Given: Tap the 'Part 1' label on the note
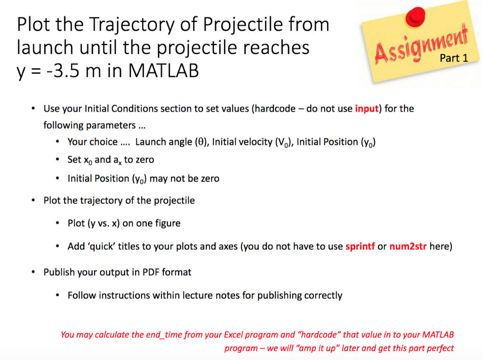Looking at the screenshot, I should coord(454,59).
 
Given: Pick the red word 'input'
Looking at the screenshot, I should coord(367,109).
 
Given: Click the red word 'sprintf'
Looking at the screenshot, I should coord(360,247).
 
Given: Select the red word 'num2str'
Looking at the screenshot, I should coord(408,247).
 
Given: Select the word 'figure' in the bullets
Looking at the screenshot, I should coord(167,223).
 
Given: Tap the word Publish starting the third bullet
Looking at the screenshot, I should coord(59,272).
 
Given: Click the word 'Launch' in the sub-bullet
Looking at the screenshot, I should coord(150,142).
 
